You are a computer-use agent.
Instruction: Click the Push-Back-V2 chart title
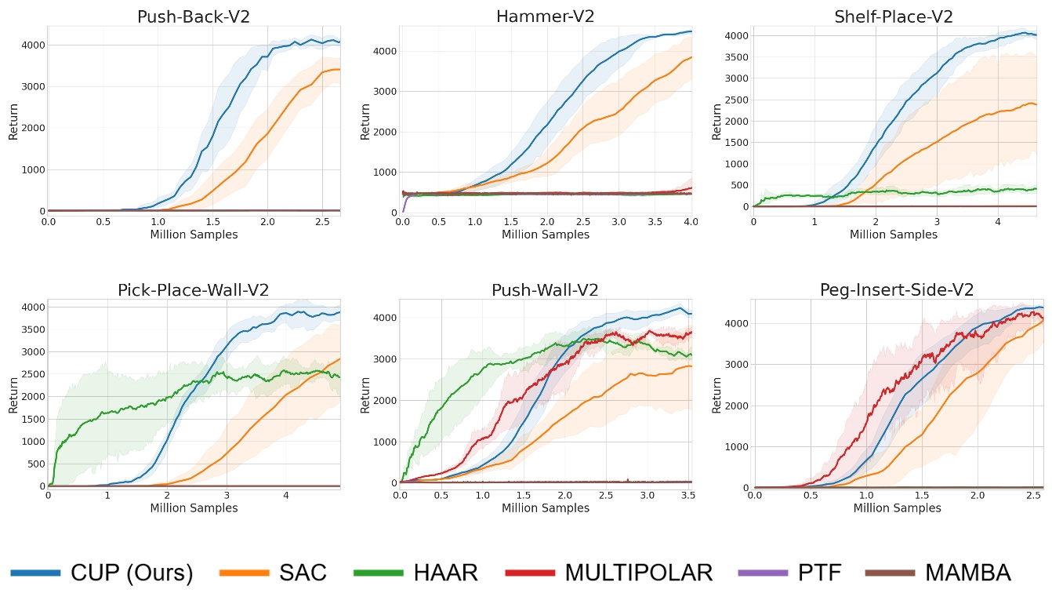(194, 16)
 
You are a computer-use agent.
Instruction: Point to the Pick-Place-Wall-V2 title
(194, 289)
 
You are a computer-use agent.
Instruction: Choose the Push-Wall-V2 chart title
(545, 289)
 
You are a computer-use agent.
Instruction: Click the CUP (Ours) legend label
(132, 573)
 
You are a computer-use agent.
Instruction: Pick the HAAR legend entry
(446, 573)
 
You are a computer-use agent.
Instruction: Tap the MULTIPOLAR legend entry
(639, 573)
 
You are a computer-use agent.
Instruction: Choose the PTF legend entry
(819, 573)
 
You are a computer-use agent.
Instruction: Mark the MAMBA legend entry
(967, 573)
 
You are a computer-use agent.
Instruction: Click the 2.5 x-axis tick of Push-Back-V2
(322, 222)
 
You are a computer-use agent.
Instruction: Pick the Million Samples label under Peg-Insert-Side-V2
(897, 508)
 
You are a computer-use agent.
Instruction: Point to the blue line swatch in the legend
(35, 573)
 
